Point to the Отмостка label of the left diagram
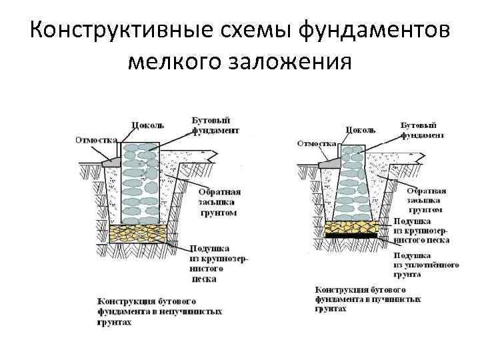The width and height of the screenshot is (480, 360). coord(96,141)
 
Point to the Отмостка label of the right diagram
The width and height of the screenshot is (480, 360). coord(316,143)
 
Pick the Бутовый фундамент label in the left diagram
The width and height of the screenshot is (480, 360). coord(211,125)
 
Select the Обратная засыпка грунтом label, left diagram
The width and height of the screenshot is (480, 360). coord(219,202)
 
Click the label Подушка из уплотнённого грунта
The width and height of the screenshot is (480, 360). coord(426,264)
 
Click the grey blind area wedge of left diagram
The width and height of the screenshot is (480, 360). coord(111,161)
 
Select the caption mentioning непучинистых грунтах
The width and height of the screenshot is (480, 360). coord(160,311)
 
